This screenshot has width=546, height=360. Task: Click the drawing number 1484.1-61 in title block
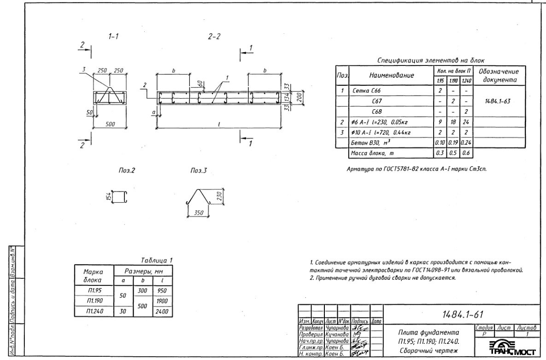pyautogui.click(x=462, y=314)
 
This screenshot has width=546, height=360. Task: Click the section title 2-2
pyautogui.click(x=214, y=37)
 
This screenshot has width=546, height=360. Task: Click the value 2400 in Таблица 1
pyautogui.click(x=162, y=312)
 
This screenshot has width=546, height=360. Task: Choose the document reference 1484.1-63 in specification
pyautogui.click(x=500, y=101)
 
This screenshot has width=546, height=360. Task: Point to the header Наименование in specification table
pyautogui.click(x=391, y=75)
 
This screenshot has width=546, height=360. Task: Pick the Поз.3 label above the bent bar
pyautogui.click(x=199, y=171)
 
